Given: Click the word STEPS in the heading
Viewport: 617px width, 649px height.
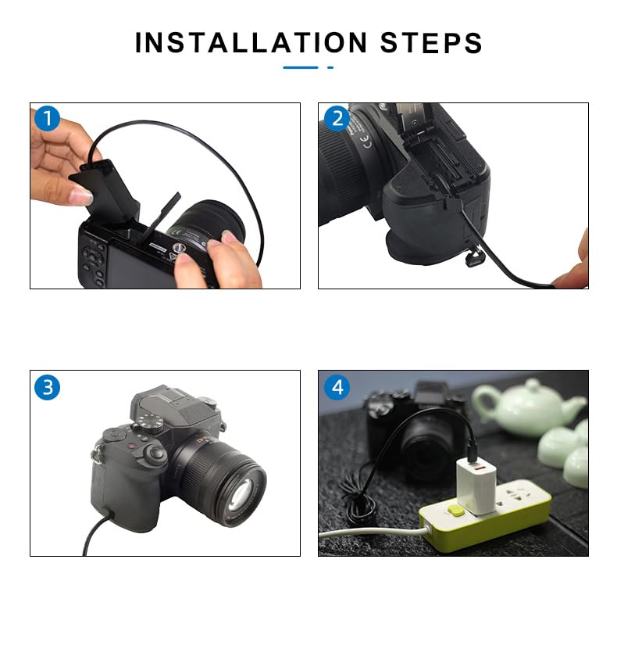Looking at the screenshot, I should click(431, 43).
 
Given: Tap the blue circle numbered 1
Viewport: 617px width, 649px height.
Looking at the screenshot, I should click(47, 120).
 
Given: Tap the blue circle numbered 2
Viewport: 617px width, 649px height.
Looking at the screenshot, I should click(337, 119).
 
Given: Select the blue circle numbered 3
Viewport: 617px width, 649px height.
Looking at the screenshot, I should click(47, 387).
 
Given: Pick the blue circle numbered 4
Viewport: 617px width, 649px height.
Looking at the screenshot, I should click(337, 387).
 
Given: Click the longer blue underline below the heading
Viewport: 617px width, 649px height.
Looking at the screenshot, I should click(301, 68).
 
